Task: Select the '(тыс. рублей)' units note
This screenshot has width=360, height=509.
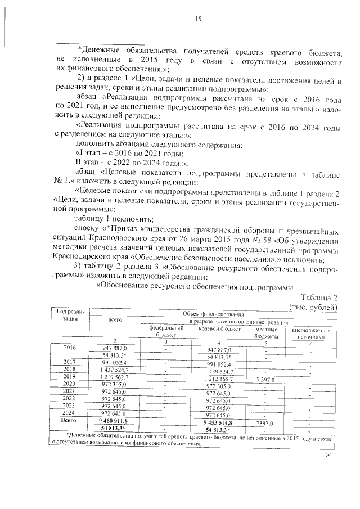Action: click(313, 307)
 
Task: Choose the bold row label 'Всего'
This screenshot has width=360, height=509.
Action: click(70, 420)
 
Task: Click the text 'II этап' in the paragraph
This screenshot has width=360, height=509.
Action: click(87, 160)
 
